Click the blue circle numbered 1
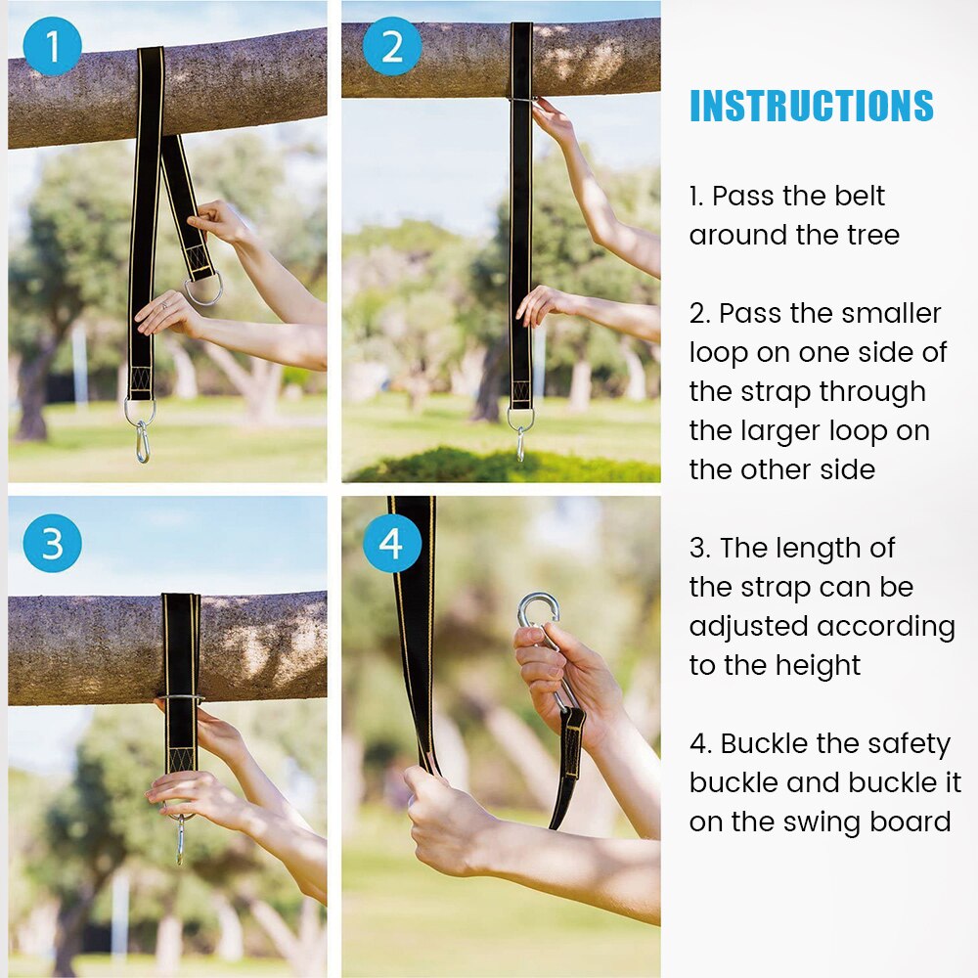coord(52,46)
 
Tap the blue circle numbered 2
coord(391,46)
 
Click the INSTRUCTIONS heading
coord(811,106)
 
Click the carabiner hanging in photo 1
coord(143,441)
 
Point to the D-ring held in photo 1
coord(203,289)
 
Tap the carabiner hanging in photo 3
coord(180,839)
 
